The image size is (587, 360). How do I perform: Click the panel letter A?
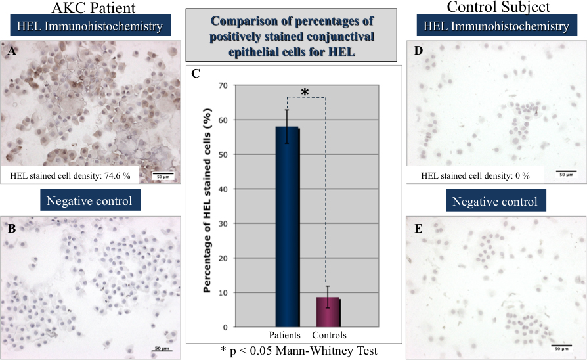(12, 50)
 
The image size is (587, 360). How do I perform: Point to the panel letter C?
(196, 74)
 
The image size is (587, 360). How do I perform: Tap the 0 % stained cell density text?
(475, 175)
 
